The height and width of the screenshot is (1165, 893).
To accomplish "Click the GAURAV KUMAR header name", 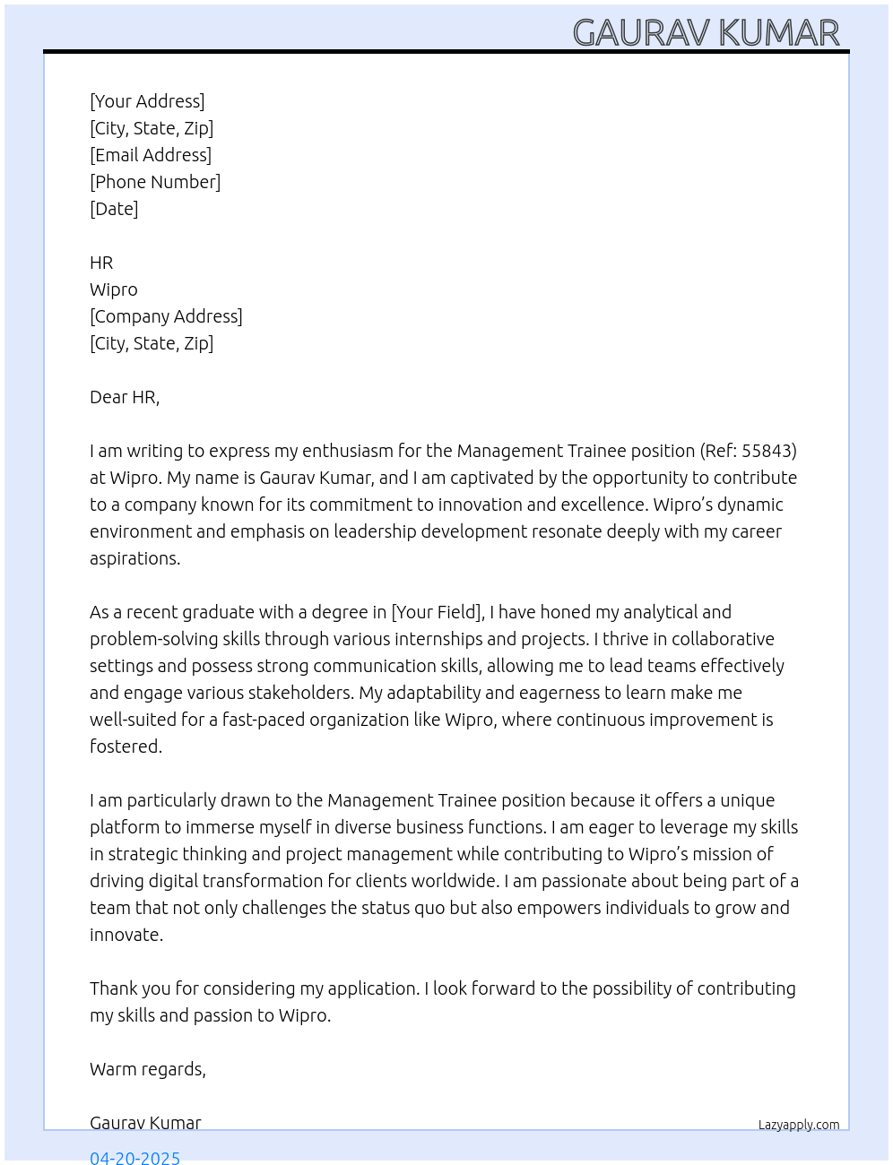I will pos(706,33).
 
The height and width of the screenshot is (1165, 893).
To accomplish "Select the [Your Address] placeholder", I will pos(147,101).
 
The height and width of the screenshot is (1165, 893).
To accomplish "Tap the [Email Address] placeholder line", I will pos(151,155).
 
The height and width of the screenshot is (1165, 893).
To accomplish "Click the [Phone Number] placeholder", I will pos(155,182).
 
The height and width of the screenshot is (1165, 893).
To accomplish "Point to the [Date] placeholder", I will pos(114,209).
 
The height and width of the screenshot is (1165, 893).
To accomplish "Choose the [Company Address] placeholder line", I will pos(166,316).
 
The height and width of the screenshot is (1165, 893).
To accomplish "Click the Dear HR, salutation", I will pos(125,397).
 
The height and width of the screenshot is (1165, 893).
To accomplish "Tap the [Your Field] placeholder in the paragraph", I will pos(438,612).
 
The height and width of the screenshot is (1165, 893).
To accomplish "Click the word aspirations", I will pos(134,558).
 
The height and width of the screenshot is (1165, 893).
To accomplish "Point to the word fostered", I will pos(126,746).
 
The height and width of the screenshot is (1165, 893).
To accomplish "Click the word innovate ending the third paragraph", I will pos(126,935).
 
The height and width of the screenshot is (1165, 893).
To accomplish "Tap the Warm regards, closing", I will pos(148,1069).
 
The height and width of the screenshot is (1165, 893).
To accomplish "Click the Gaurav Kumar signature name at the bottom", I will pos(145,1123).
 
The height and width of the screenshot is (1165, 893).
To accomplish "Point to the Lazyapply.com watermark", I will pos(799,1125).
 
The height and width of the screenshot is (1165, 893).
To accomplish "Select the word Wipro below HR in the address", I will pos(114,289).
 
